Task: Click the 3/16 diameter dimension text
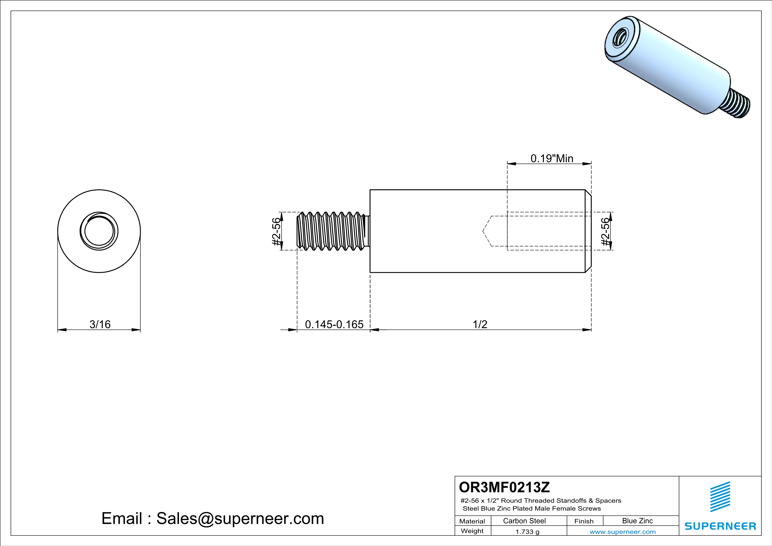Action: click(x=100, y=325)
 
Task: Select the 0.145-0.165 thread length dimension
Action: click(x=334, y=325)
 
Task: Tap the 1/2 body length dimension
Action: click(x=480, y=325)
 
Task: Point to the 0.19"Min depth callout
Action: click(x=552, y=158)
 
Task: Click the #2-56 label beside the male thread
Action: click(x=276, y=232)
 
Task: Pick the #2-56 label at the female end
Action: click(x=605, y=232)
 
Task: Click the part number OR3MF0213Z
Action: click(x=504, y=487)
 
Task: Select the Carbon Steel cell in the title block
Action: click(x=524, y=521)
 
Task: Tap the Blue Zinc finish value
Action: click(x=637, y=521)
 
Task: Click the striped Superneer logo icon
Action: click(x=720, y=497)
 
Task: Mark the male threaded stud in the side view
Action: click(x=333, y=231)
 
